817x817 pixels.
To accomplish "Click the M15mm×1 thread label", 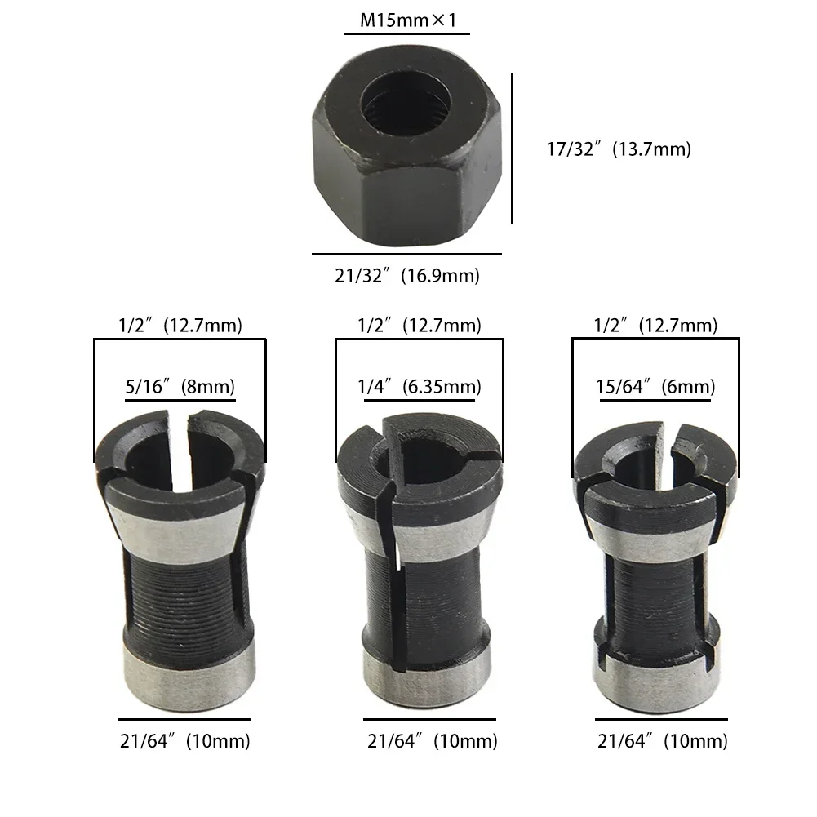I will tap(406, 18).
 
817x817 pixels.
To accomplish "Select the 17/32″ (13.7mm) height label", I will tap(618, 149).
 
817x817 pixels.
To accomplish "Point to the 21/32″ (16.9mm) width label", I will tap(406, 276).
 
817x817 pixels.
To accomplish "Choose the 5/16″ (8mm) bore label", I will tap(180, 386).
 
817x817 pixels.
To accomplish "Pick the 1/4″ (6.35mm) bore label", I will tap(419, 386).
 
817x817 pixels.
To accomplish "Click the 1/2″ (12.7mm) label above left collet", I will tap(180, 326).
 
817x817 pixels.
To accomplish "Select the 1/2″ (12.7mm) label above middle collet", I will tap(419, 326).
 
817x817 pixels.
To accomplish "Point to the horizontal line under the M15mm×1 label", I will tap(406, 34).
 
